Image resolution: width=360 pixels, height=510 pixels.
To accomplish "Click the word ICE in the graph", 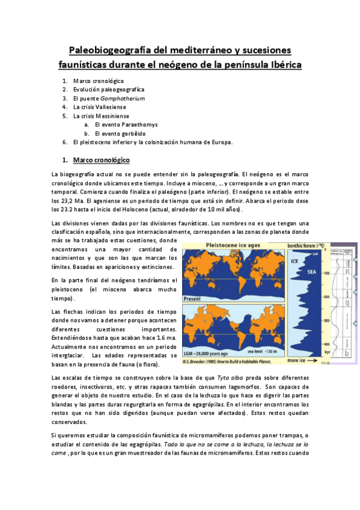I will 295,261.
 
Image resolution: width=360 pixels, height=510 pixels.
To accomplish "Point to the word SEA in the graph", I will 313,271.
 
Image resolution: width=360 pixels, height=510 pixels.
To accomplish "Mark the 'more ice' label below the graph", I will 299,360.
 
